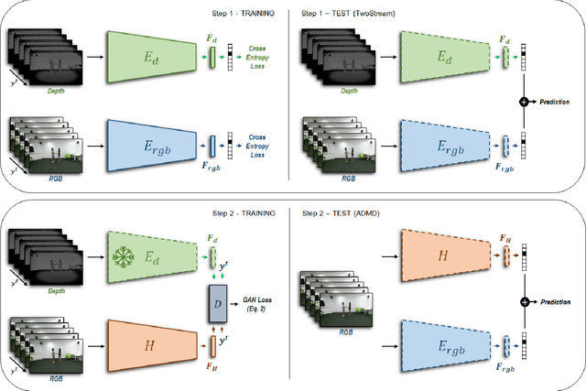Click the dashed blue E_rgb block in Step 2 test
click(441, 348)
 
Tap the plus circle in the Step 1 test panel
click(523, 101)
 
